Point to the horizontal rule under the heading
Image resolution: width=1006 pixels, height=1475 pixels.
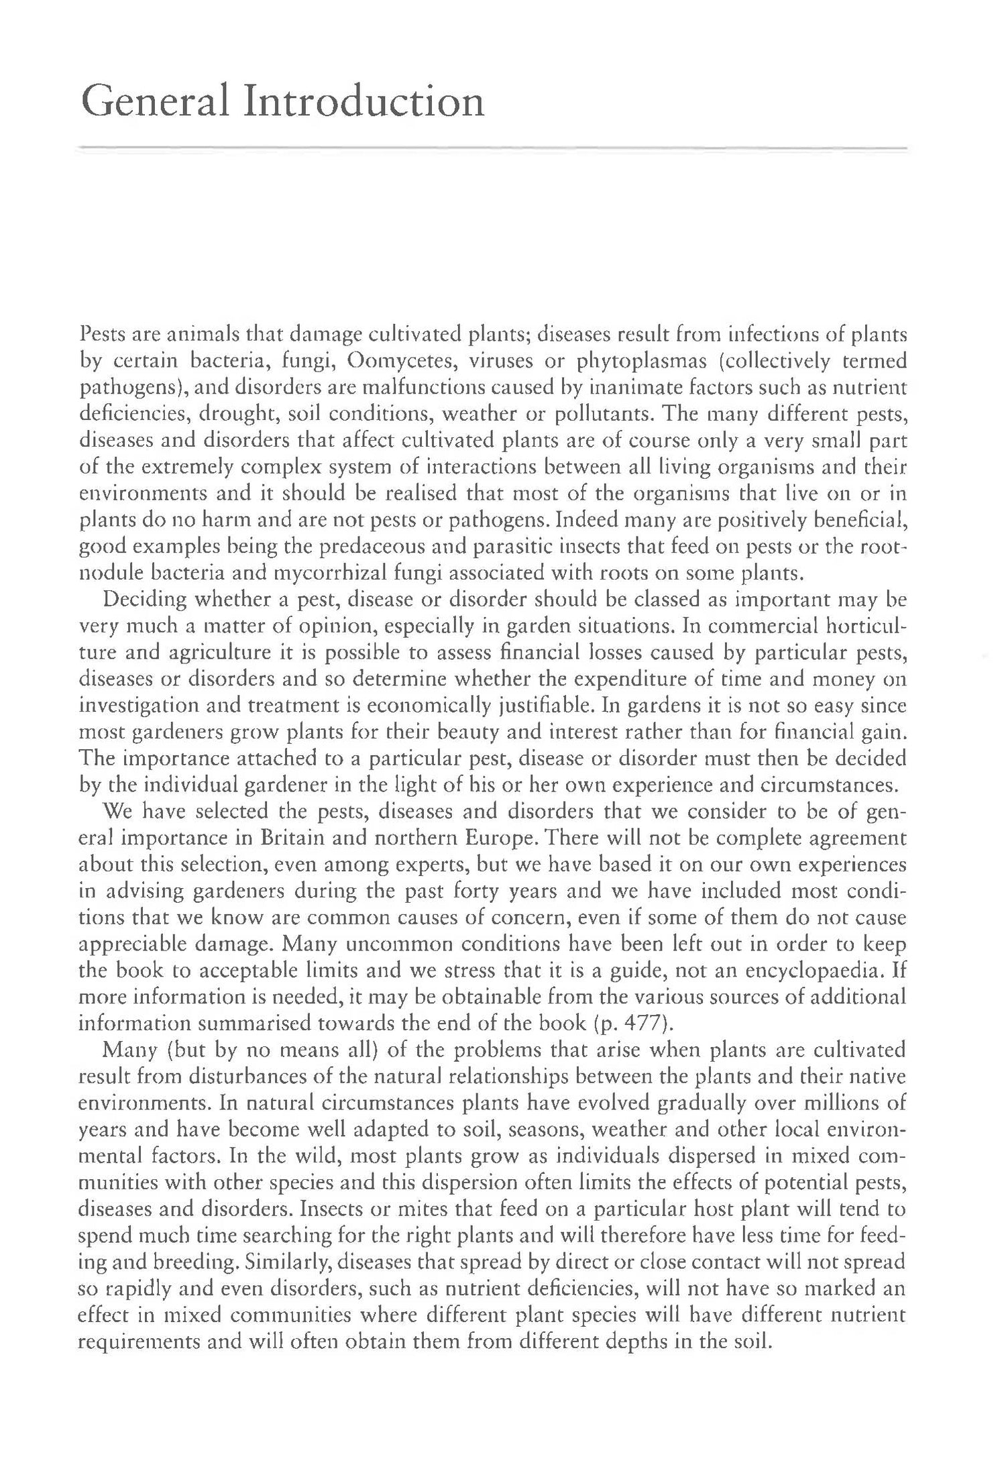click(493, 148)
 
